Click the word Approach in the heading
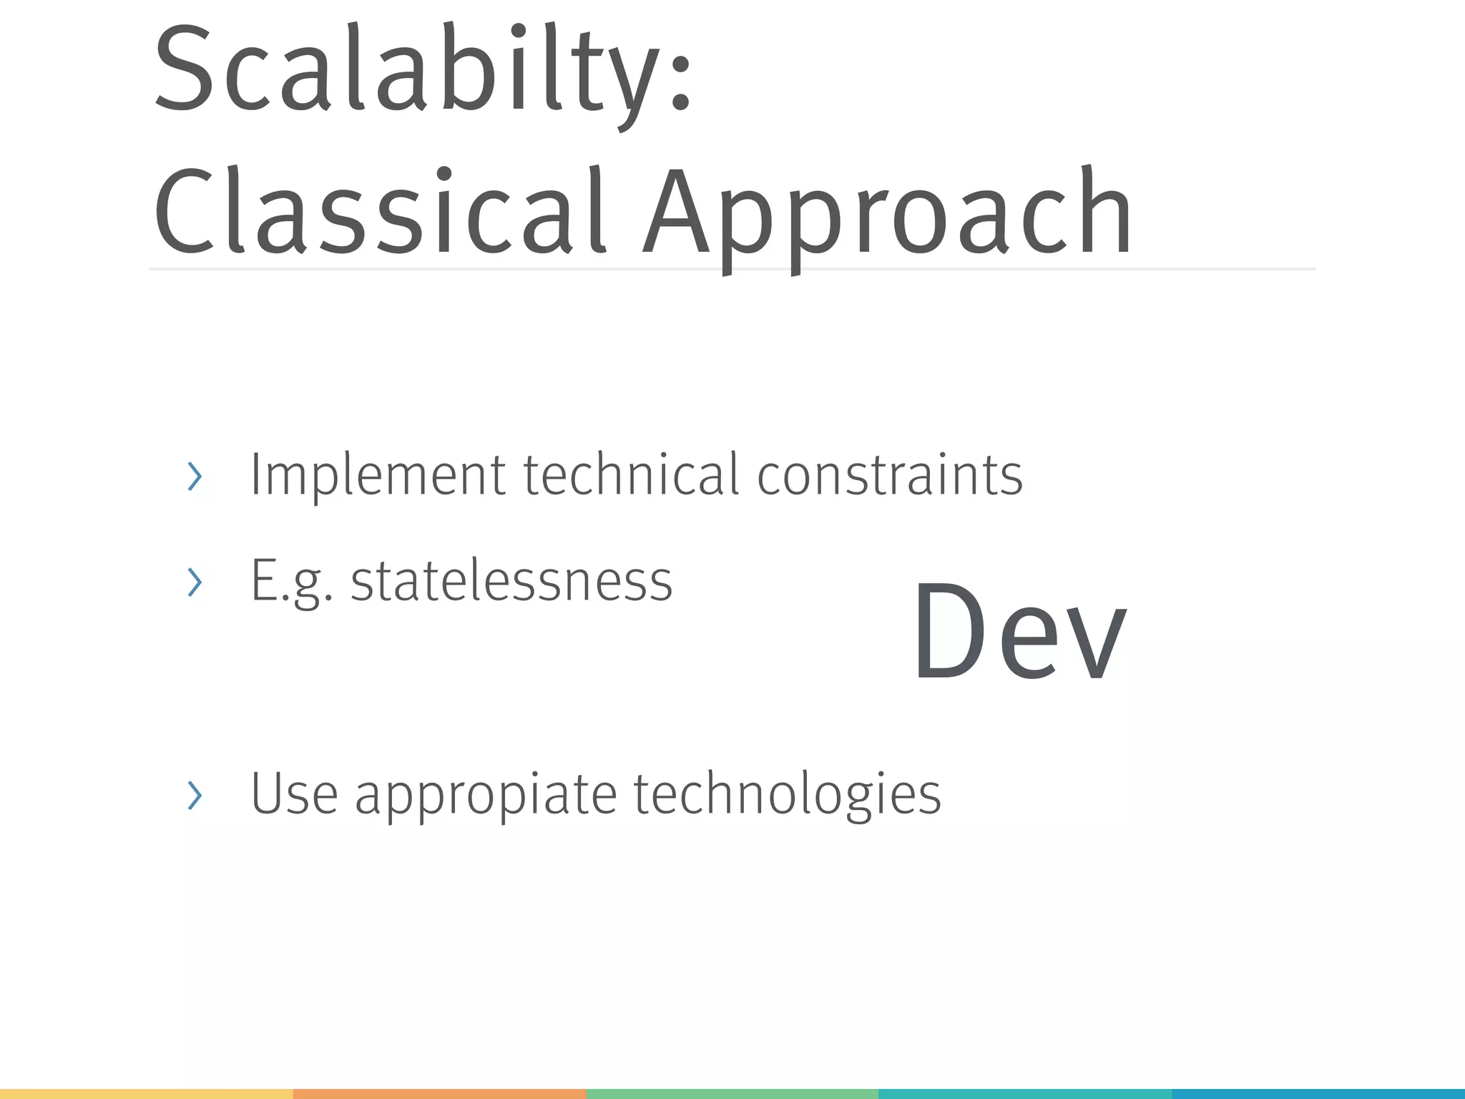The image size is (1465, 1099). [887, 215]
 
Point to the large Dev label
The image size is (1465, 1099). [1019, 633]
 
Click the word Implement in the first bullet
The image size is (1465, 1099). [378, 475]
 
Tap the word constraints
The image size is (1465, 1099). [890, 475]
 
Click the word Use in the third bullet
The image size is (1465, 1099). [294, 793]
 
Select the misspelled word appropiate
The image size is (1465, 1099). [486, 796]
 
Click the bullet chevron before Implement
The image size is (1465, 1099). [195, 477]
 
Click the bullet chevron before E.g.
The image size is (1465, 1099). [195, 582]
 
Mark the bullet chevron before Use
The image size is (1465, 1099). [195, 795]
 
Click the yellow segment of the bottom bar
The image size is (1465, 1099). [147, 1094]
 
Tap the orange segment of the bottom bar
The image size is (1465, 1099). [439, 1094]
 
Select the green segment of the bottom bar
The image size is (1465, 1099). [732, 1094]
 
